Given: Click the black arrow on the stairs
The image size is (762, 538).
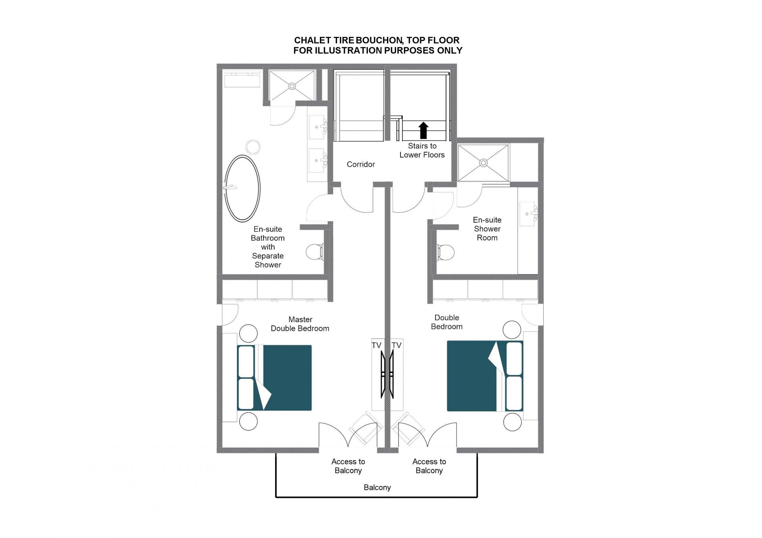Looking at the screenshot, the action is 423,131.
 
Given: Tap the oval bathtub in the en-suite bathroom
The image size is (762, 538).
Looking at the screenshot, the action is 242,188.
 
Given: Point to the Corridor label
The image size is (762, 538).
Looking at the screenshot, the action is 361,164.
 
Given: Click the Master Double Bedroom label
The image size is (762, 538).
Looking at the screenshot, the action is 300,324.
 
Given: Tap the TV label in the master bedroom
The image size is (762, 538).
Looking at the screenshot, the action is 376,345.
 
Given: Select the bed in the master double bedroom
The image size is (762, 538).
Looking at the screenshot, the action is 274,378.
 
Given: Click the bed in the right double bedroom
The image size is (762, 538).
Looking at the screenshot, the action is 485,376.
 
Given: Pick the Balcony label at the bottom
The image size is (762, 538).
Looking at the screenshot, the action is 377,487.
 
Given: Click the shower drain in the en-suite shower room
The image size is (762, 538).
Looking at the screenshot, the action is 483,163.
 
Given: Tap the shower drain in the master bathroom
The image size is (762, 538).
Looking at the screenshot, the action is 292,86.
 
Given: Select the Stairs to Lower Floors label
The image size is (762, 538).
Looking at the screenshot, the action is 422,150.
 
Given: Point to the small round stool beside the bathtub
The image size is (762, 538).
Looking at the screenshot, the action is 253,147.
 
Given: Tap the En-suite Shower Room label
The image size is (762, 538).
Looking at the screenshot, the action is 487,229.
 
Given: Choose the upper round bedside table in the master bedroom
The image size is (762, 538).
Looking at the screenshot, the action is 248,333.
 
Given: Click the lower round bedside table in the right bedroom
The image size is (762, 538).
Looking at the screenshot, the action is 512,422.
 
